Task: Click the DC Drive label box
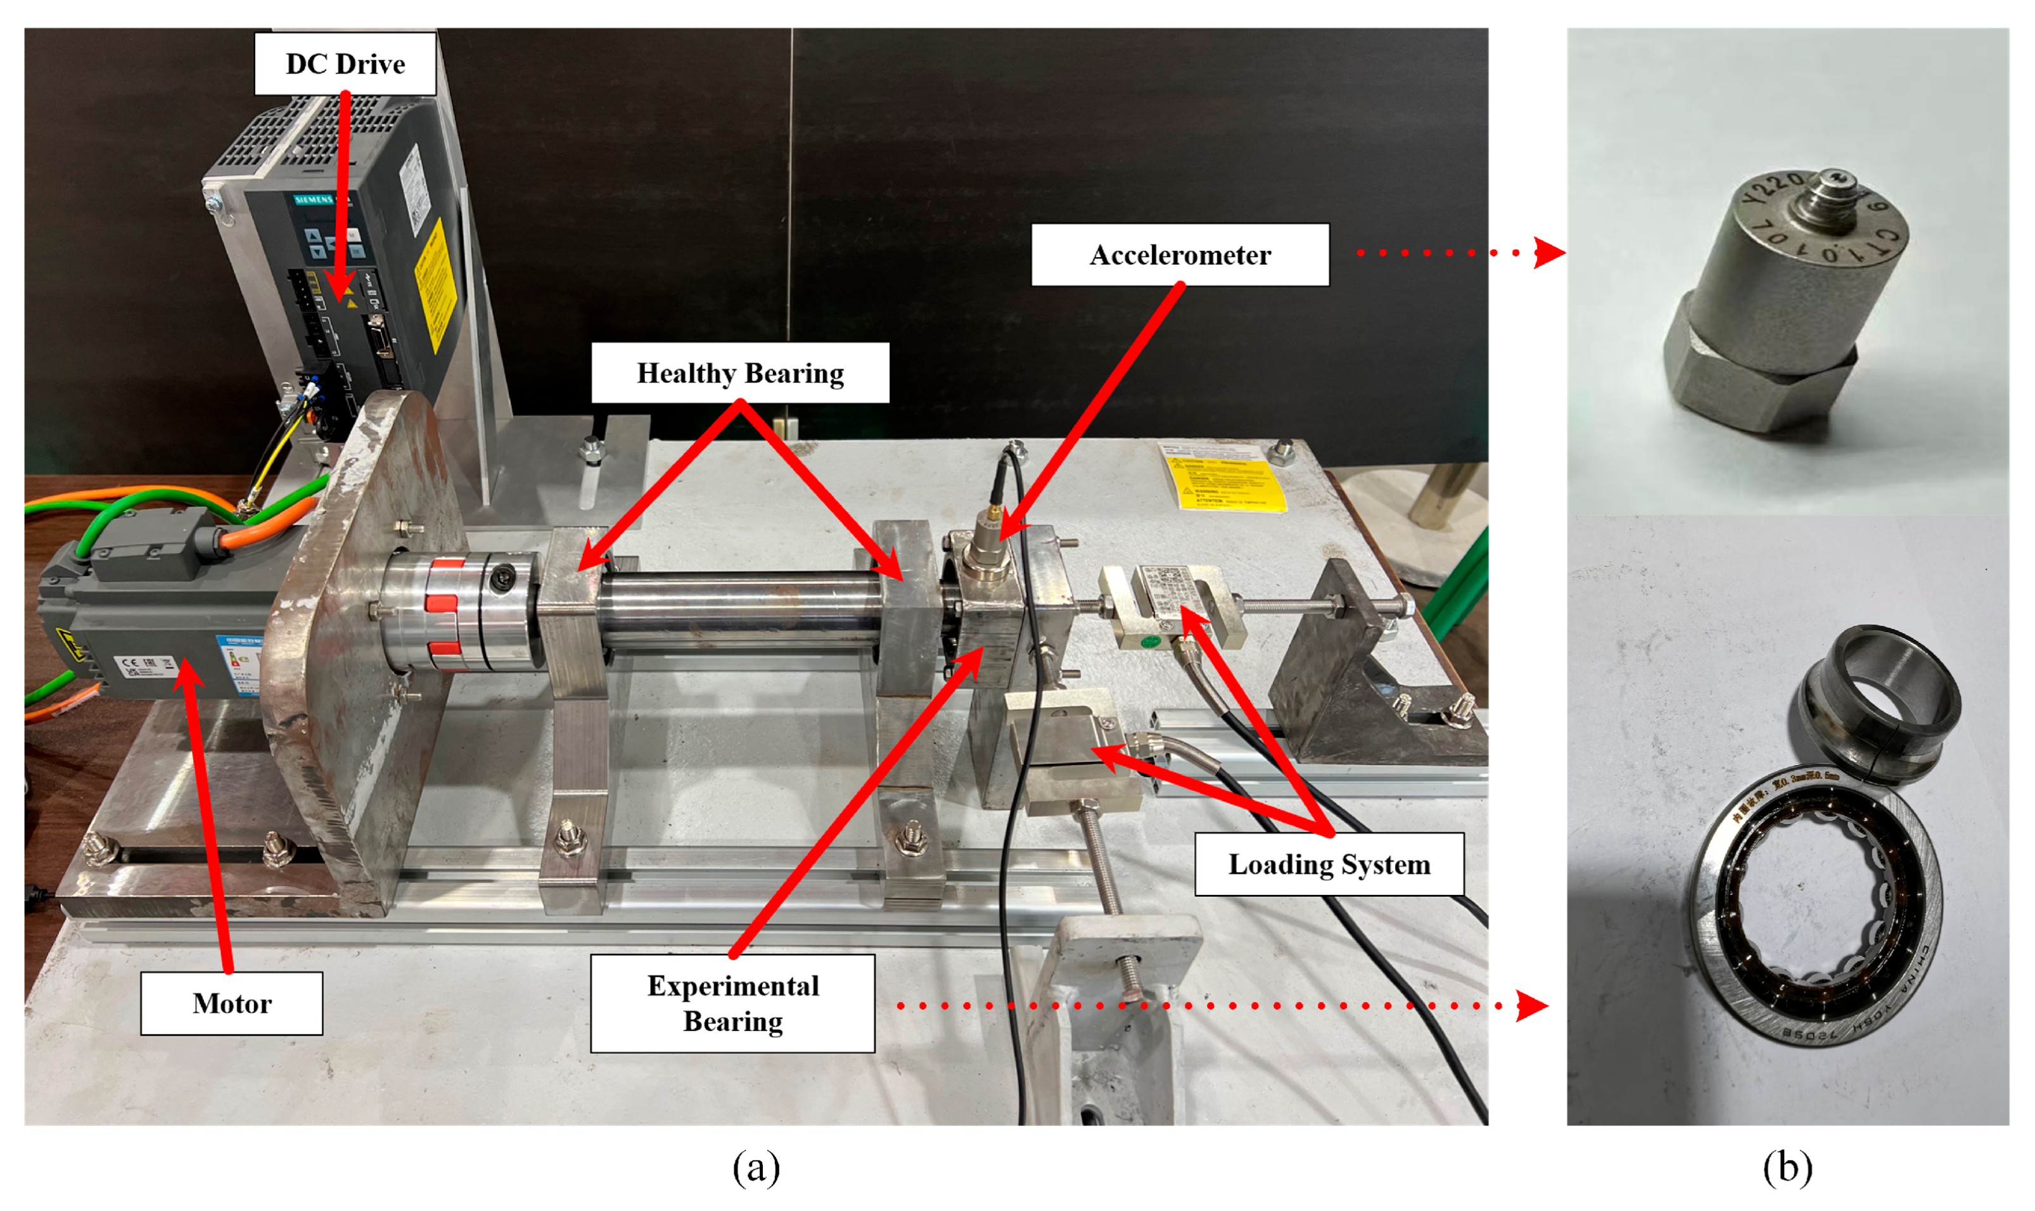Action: (345, 63)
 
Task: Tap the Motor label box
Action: (231, 1003)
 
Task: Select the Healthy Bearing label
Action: (739, 373)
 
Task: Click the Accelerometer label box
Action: (1180, 255)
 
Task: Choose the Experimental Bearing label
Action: (732, 1003)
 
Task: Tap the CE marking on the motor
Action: (131, 664)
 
